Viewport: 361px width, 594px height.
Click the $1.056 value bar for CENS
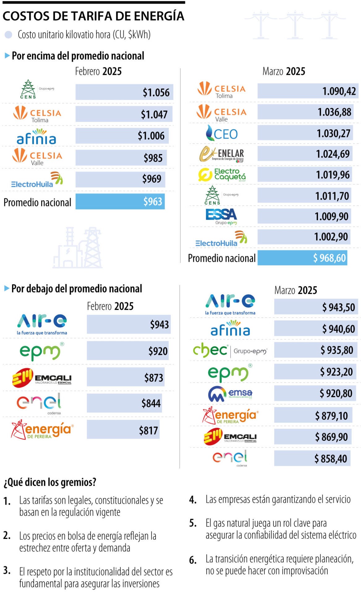(124, 92)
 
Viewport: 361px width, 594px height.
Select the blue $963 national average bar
(120, 202)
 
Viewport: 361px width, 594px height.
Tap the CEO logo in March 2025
(222, 134)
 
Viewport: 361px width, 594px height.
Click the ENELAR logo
(222, 154)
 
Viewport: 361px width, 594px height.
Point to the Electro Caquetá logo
(222, 175)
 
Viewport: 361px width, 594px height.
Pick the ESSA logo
(221, 216)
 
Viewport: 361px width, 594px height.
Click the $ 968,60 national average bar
(302, 258)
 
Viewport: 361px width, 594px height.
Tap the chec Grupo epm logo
(230, 351)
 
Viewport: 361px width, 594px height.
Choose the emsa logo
(230, 394)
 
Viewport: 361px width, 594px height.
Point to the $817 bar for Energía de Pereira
(123, 430)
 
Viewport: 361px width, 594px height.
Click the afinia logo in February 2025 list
(37, 137)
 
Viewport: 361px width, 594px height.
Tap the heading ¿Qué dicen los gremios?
(50, 482)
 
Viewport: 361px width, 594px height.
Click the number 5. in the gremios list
(193, 523)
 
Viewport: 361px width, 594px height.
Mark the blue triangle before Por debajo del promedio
(6, 288)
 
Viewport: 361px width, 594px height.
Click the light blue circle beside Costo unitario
(8, 35)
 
